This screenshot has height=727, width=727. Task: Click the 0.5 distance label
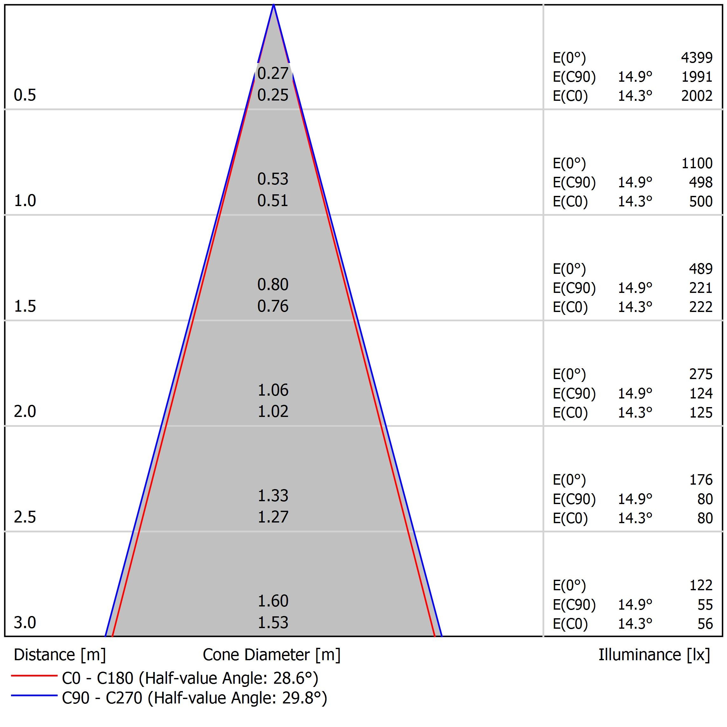pos(25,95)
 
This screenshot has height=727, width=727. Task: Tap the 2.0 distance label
pos(25,412)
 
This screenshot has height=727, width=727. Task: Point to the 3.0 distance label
pos(25,623)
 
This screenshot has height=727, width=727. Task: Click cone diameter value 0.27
pos(273,73)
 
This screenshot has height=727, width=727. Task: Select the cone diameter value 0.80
pos(273,285)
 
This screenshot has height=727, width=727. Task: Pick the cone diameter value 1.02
pos(273,412)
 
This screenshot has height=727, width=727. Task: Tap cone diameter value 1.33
pos(273,495)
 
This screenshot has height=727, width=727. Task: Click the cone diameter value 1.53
pos(273,623)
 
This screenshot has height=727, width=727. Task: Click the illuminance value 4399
pos(696,58)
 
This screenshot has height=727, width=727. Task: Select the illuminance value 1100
pos(697,163)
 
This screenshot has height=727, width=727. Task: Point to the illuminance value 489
pos(701,269)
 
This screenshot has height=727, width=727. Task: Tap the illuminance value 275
pos(701,374)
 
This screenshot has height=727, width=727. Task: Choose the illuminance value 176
pos(701,480)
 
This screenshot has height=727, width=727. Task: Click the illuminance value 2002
pos(696,96)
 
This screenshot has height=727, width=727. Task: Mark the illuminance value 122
pos(701,585)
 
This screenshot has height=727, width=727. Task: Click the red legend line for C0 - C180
pos(34,676)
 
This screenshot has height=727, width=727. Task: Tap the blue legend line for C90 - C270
pos(34,696)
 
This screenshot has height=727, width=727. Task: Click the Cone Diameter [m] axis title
pos(271,655)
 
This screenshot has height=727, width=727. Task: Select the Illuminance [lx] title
pos(654,655)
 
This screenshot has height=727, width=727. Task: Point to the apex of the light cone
pos(273,5)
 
